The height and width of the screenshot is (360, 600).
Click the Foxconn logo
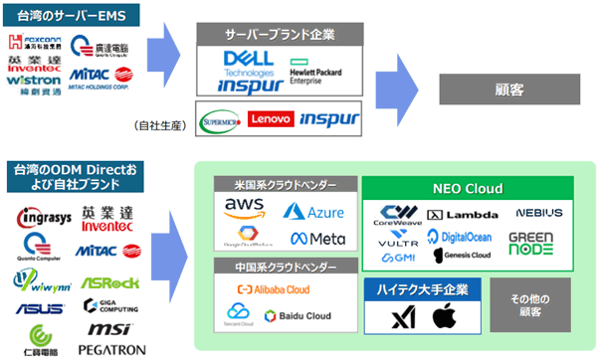(x=37, y=43)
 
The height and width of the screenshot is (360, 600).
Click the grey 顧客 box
(x=507, y=90)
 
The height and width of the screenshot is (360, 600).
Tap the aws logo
(x=245, y=206)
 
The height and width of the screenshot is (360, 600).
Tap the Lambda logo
(x=463, y=214)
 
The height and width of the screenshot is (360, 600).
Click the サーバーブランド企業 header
(x=278, y=34)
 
